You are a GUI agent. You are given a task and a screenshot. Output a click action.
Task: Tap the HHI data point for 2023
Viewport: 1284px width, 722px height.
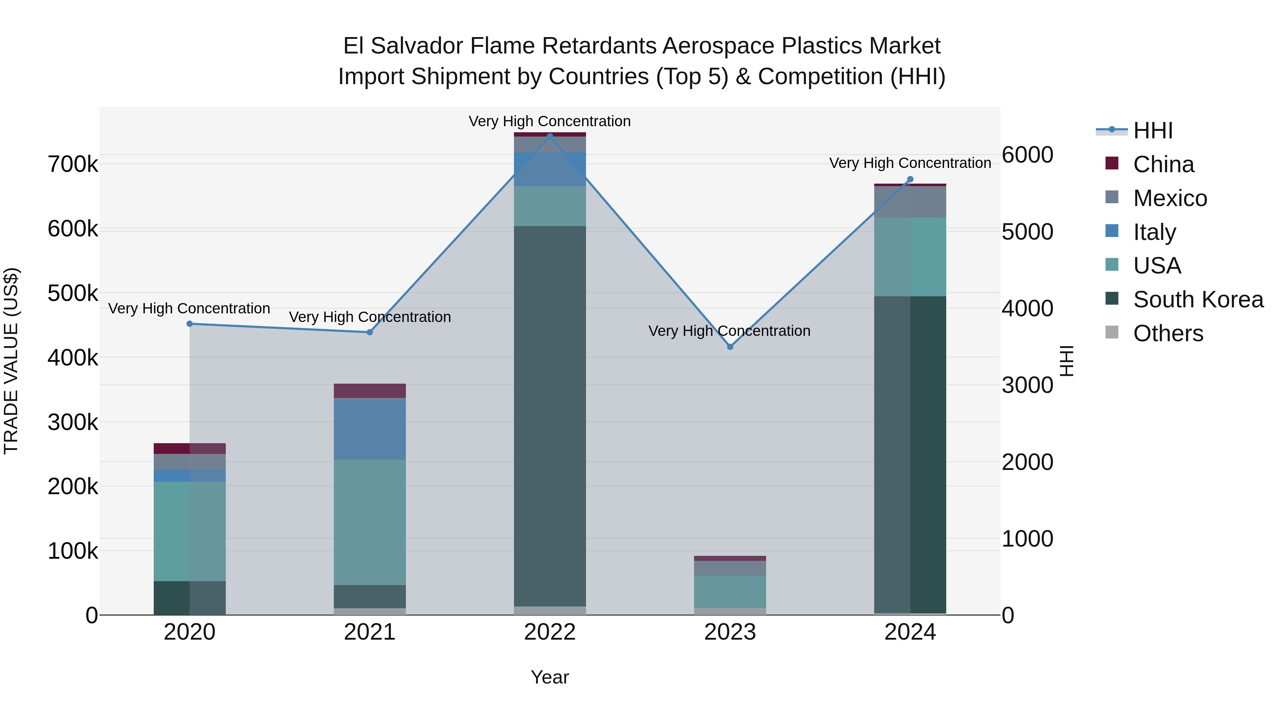point(730,347)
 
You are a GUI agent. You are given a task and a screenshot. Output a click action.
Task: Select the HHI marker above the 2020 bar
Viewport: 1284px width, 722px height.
point(189,324)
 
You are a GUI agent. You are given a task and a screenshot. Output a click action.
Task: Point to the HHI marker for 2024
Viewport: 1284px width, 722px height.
point(910,179)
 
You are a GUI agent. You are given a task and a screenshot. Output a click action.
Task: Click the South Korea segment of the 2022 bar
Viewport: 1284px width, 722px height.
point(550,416)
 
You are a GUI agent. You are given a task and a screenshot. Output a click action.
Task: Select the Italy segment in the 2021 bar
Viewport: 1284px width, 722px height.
point(370,429)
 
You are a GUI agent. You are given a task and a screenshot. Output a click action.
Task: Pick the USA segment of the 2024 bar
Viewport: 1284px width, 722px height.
point(910,257)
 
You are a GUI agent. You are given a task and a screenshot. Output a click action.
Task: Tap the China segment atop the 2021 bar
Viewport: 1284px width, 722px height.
point(370,391)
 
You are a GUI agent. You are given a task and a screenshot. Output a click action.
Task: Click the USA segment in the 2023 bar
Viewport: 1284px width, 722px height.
point(730,592)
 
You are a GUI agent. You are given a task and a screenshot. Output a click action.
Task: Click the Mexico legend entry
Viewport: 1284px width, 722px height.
point(1170,198)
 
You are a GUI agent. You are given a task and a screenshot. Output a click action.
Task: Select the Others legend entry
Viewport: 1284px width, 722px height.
point(1167,333)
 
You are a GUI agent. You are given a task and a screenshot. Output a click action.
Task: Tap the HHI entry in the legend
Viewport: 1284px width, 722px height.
point(1152,130)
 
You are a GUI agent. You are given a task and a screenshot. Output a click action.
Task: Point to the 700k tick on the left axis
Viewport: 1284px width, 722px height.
point(73,164)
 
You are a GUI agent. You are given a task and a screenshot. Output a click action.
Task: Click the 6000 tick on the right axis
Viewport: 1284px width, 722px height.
point(1027,155)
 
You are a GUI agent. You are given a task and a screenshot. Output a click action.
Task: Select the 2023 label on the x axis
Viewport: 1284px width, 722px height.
point(730,632)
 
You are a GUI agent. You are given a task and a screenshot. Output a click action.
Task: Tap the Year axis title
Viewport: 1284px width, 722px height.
point(550,677)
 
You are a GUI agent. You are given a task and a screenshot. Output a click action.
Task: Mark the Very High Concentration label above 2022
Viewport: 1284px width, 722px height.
point(550,121)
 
